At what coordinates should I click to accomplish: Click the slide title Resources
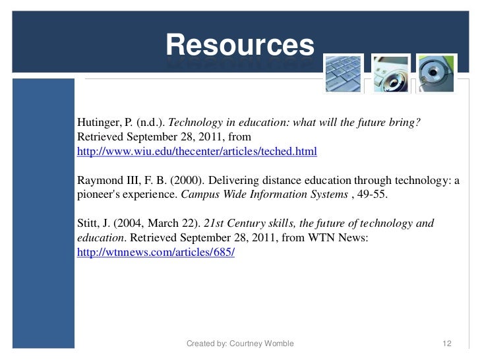tap(240, 45)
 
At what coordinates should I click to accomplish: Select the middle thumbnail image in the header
tap(391, 73)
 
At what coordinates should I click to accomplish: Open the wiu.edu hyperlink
tap(197, 152)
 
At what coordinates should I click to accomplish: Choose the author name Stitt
tap(89, 224)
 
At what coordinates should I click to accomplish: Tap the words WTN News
tap(347, 238)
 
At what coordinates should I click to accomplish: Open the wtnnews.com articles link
tap(156, 253)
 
